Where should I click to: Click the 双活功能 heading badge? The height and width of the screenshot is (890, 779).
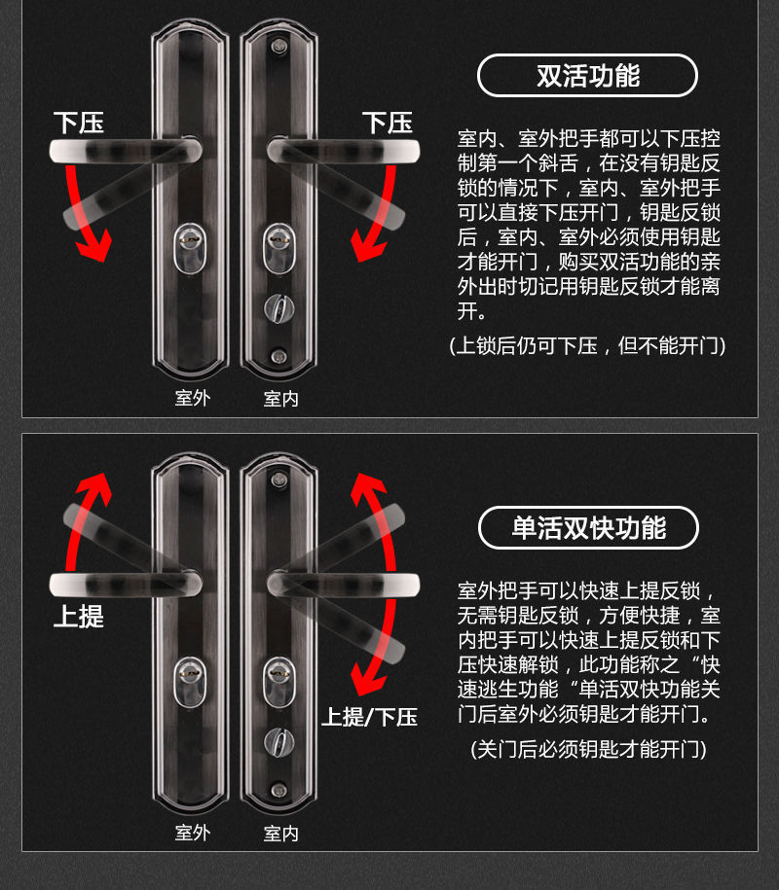click(587, 76)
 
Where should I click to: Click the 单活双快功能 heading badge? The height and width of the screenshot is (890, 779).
click(588, 528)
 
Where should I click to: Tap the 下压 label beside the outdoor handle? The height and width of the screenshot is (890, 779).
click(79, 123)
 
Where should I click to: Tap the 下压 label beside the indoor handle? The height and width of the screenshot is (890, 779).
click(388, 123)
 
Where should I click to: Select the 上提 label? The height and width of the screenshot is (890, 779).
click(79, 616)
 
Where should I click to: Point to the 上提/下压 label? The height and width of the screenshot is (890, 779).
click(369, 717)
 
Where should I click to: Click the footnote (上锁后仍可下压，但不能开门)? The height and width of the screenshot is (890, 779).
click(587, 345)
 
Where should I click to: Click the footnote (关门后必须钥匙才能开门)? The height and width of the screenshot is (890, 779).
click(587, 749)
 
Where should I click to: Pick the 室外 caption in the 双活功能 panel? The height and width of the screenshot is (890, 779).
click(192, 398)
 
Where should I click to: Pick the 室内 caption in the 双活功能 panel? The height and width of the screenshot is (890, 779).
click(280, 398)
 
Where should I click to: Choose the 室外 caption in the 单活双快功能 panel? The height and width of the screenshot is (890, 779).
click(192, 833)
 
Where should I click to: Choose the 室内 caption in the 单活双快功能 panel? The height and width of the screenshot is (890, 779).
click(280, 833)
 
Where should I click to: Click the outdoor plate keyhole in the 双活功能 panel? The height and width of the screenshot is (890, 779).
click(190, 240)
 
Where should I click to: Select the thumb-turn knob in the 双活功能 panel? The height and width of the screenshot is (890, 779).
click(279, 309)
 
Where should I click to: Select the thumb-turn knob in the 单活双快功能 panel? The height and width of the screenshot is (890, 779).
click(279, 742)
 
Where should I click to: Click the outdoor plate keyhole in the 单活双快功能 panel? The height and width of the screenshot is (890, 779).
click(190, 673)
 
